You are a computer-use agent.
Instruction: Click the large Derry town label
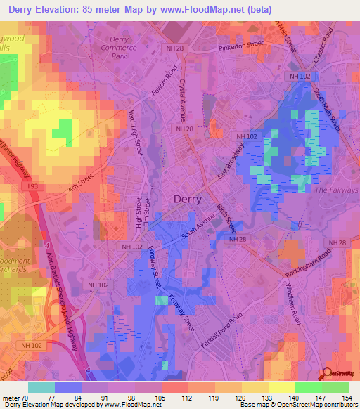(187, 199)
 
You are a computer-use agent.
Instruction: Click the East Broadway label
(229, 167)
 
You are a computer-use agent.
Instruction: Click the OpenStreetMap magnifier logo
(326, 374)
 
